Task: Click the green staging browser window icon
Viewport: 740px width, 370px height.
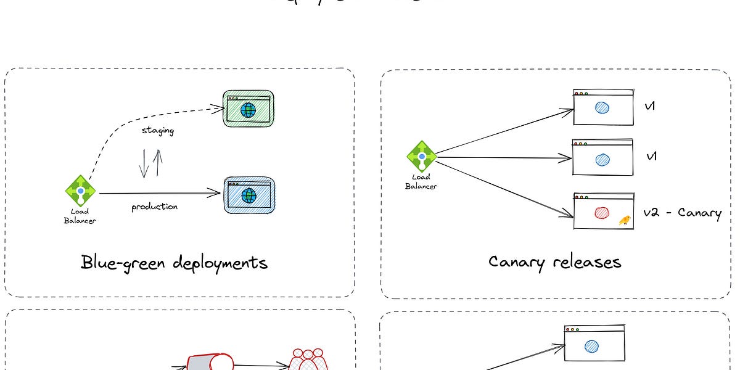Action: [x=248, y=109]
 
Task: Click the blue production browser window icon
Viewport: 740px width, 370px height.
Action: [x=249, y=195]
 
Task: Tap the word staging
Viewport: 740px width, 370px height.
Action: [x=158, y=131]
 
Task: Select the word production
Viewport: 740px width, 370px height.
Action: [x=154, y=207]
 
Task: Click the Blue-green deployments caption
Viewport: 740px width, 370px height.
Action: [x=174, y=263]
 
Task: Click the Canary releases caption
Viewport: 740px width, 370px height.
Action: [x=554, y=261]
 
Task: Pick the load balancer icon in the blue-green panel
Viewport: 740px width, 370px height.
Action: [x=80, y=190]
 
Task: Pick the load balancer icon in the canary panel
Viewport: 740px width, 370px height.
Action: [x=421, y=156]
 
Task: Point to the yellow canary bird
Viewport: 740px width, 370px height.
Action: [x=625, y=220]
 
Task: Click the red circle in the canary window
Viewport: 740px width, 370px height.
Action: [x=602, y=213]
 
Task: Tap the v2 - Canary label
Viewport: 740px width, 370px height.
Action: [x=681, y=213]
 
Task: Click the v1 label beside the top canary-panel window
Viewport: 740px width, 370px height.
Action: [x=650, y=107]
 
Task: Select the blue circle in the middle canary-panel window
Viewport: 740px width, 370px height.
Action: [x=602, y=160]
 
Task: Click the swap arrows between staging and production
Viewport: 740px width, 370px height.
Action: [x=150, y=163]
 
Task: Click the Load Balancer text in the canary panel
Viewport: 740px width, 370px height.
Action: [x=421, y=182]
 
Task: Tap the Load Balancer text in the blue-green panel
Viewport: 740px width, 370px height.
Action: [x=80, y=216]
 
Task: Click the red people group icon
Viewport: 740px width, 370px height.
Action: [x=308, y=361]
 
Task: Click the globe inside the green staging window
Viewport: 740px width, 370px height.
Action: [x=249, y=110]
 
